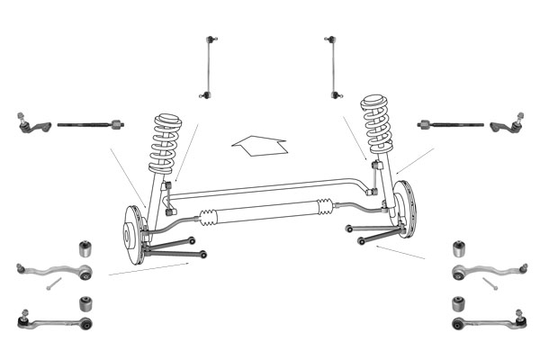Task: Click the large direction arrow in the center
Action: click(x=259, y=143)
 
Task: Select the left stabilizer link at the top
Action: click(x=210, y=67)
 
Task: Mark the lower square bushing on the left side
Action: click(x=86, y=301)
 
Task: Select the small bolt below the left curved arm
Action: click(x=53, y=284)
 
